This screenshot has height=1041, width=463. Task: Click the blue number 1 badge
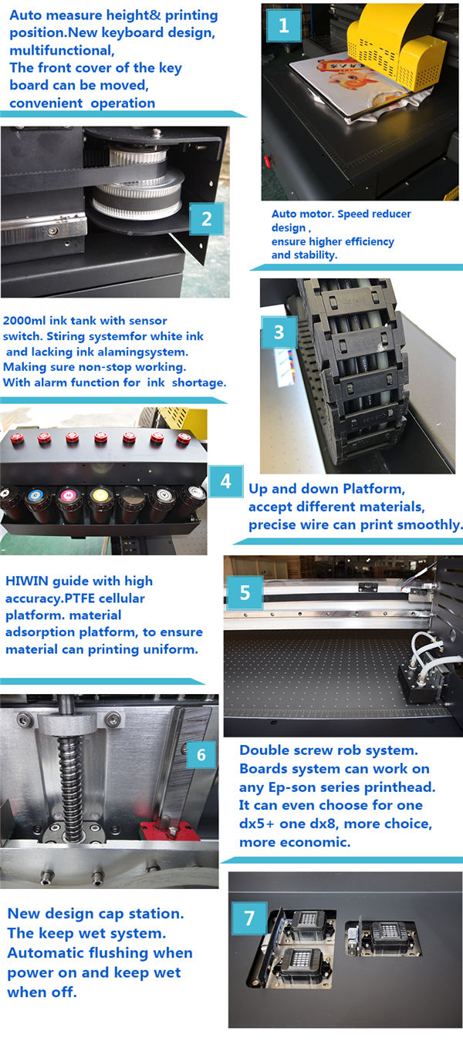click(x=283, y=25)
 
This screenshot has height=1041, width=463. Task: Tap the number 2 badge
click(x=206, y=219)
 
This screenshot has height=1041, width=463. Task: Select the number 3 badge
click(x=279, y=332)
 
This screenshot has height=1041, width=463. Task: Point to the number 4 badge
click(x=225, y=481)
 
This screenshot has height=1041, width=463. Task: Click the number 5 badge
click(x=245, y=593)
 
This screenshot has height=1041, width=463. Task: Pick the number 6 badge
click(x=201, y=754)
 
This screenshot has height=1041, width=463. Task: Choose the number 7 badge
click(x=249, y=918)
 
